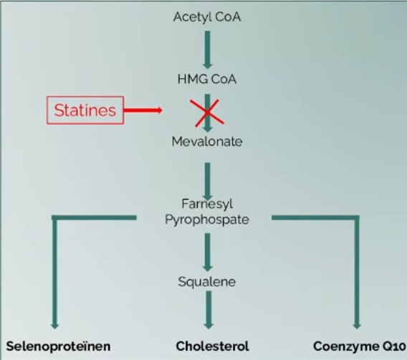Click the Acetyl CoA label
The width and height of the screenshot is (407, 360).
[207, 17]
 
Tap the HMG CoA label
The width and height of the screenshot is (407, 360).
[207, 79]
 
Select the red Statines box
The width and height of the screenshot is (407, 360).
[85, 110]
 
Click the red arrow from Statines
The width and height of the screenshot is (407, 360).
[143, 110]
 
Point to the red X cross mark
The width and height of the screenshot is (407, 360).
[207, 113]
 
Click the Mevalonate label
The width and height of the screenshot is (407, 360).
[207, 142]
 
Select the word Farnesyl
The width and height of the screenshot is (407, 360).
[207, 204]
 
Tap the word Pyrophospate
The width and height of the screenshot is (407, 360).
[207, 220]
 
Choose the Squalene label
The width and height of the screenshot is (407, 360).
[207, 282]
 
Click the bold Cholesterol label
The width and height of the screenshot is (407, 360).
[212, 346]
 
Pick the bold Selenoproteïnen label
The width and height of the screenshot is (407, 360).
[59, 346]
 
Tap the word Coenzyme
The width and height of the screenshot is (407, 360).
[343, 346]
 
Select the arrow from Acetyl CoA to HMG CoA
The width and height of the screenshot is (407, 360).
[207, 50]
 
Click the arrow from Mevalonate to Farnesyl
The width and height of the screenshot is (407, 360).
[207, 181]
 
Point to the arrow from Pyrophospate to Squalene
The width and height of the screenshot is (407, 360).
[207, 253]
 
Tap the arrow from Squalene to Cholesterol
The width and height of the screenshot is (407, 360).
[209, 310]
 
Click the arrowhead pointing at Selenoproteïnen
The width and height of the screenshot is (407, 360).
[54, 326]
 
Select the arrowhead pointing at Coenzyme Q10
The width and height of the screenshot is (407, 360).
[357, 326]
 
